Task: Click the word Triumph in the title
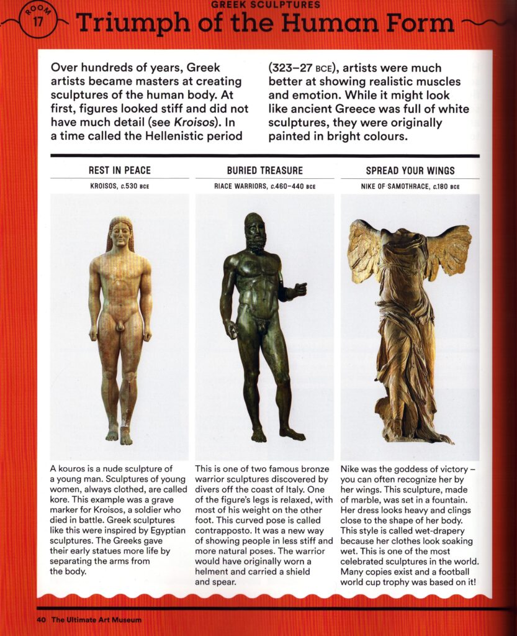click(127, 24)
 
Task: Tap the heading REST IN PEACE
click(120, 170)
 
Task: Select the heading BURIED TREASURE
click(264, 170)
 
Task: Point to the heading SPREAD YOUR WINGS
click(410, 170)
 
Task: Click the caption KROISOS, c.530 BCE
click(120, 186)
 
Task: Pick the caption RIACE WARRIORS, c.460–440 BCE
click(264, 186)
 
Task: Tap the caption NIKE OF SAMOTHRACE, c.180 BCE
click(410, 186)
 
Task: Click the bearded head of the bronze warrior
click(254, 231)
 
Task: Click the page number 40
click(41, 619)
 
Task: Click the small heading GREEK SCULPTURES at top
click(266, 4)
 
